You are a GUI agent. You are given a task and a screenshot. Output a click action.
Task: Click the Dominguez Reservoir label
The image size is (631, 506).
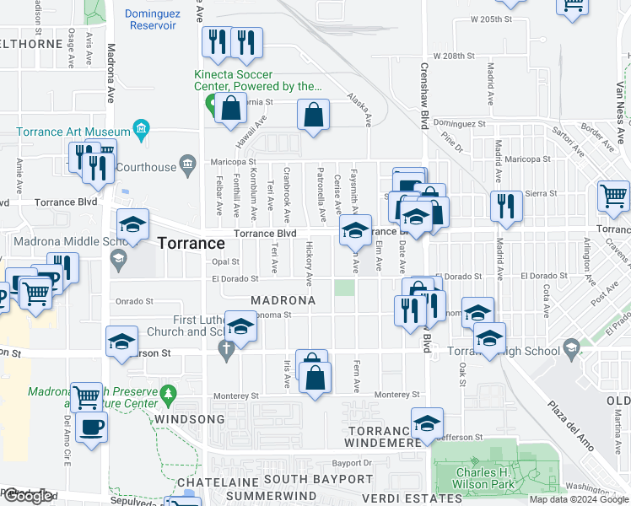[x=152, y=19]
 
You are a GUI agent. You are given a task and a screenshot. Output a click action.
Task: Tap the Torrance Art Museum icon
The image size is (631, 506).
[x=141, y=131]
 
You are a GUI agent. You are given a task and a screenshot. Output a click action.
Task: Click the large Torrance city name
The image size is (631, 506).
[x=191, y=243]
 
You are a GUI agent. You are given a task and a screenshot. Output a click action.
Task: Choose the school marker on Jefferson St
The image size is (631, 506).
[x=428, y=423]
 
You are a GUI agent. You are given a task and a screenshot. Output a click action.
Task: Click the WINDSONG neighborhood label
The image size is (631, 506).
[x=189, y=419]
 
